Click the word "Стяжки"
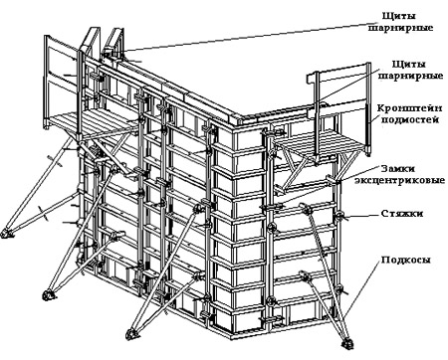click(402, 214)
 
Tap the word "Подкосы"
click(405, 260)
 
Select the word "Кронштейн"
click(410, 109)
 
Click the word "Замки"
click(398, 168)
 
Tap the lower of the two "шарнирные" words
click(411, 77)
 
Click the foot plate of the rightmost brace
click(347, 342)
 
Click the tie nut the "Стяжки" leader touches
click(339, 217)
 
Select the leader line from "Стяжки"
click(362, 215)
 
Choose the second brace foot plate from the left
click(48, 294)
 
